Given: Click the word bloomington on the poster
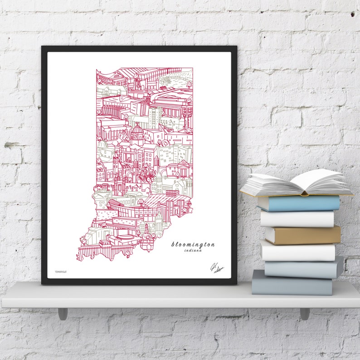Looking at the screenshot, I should pyautogui.click(x=193, y=244).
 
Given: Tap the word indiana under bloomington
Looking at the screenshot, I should pyautogui.click(x=194, y=251).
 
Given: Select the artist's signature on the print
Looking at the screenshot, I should pyautogui.click(x=216, y=268).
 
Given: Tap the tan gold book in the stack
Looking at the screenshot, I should pyautogui.click(x=303, y=235).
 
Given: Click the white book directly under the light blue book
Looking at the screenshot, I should pyautogui.click(x=297, y=219).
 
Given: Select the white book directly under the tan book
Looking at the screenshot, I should pyautogui.click(x=298, y=251).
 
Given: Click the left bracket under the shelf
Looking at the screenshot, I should pyautogui.click(x=63, y=313).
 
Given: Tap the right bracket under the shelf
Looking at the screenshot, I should pyautogui.click(x=305, y=313).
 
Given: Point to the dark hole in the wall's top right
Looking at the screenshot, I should pyautogui.click(x=353, y=15).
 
